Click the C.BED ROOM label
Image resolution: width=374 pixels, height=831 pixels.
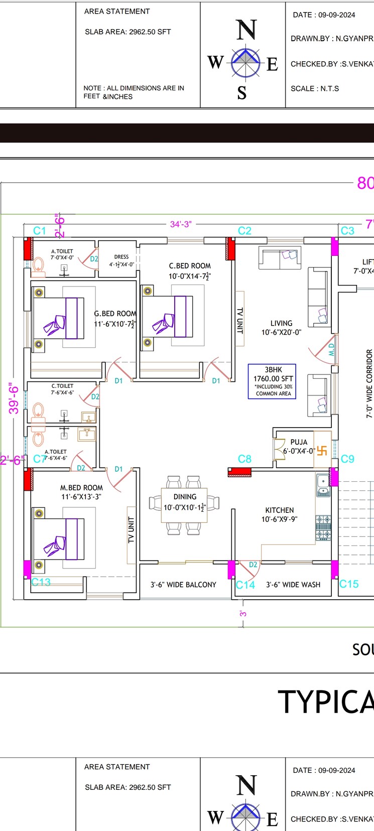click(190, 266)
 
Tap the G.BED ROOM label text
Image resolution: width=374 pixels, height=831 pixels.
click(115, 314)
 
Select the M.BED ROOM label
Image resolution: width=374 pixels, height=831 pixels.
click(81, 488)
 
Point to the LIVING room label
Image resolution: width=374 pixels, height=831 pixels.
click(281, 324)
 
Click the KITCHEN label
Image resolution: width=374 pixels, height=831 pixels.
click(280, 510)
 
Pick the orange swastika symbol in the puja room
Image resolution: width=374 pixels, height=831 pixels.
click(322, 450)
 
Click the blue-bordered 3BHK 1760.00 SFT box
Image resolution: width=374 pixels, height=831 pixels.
click(272, 381)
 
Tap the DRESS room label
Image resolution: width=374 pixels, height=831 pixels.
click(121, 257)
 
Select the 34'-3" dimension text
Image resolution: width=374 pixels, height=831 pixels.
click(181, 224)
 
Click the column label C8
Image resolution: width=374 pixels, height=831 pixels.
click(244, 459)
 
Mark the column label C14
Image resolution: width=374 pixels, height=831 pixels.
click(245, 585)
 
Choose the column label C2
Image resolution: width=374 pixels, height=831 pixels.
click(244, 231)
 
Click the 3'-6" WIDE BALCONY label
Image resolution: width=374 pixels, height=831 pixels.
click(183, 585)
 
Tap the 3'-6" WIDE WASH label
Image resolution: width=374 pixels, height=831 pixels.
click(293, 585)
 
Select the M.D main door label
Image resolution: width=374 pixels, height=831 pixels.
click(331, 349)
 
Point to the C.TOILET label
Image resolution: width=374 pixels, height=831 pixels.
click(62, 386)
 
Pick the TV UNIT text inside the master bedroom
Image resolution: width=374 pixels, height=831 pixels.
click(132, 530)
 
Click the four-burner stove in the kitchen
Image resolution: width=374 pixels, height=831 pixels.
click(323, 528)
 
